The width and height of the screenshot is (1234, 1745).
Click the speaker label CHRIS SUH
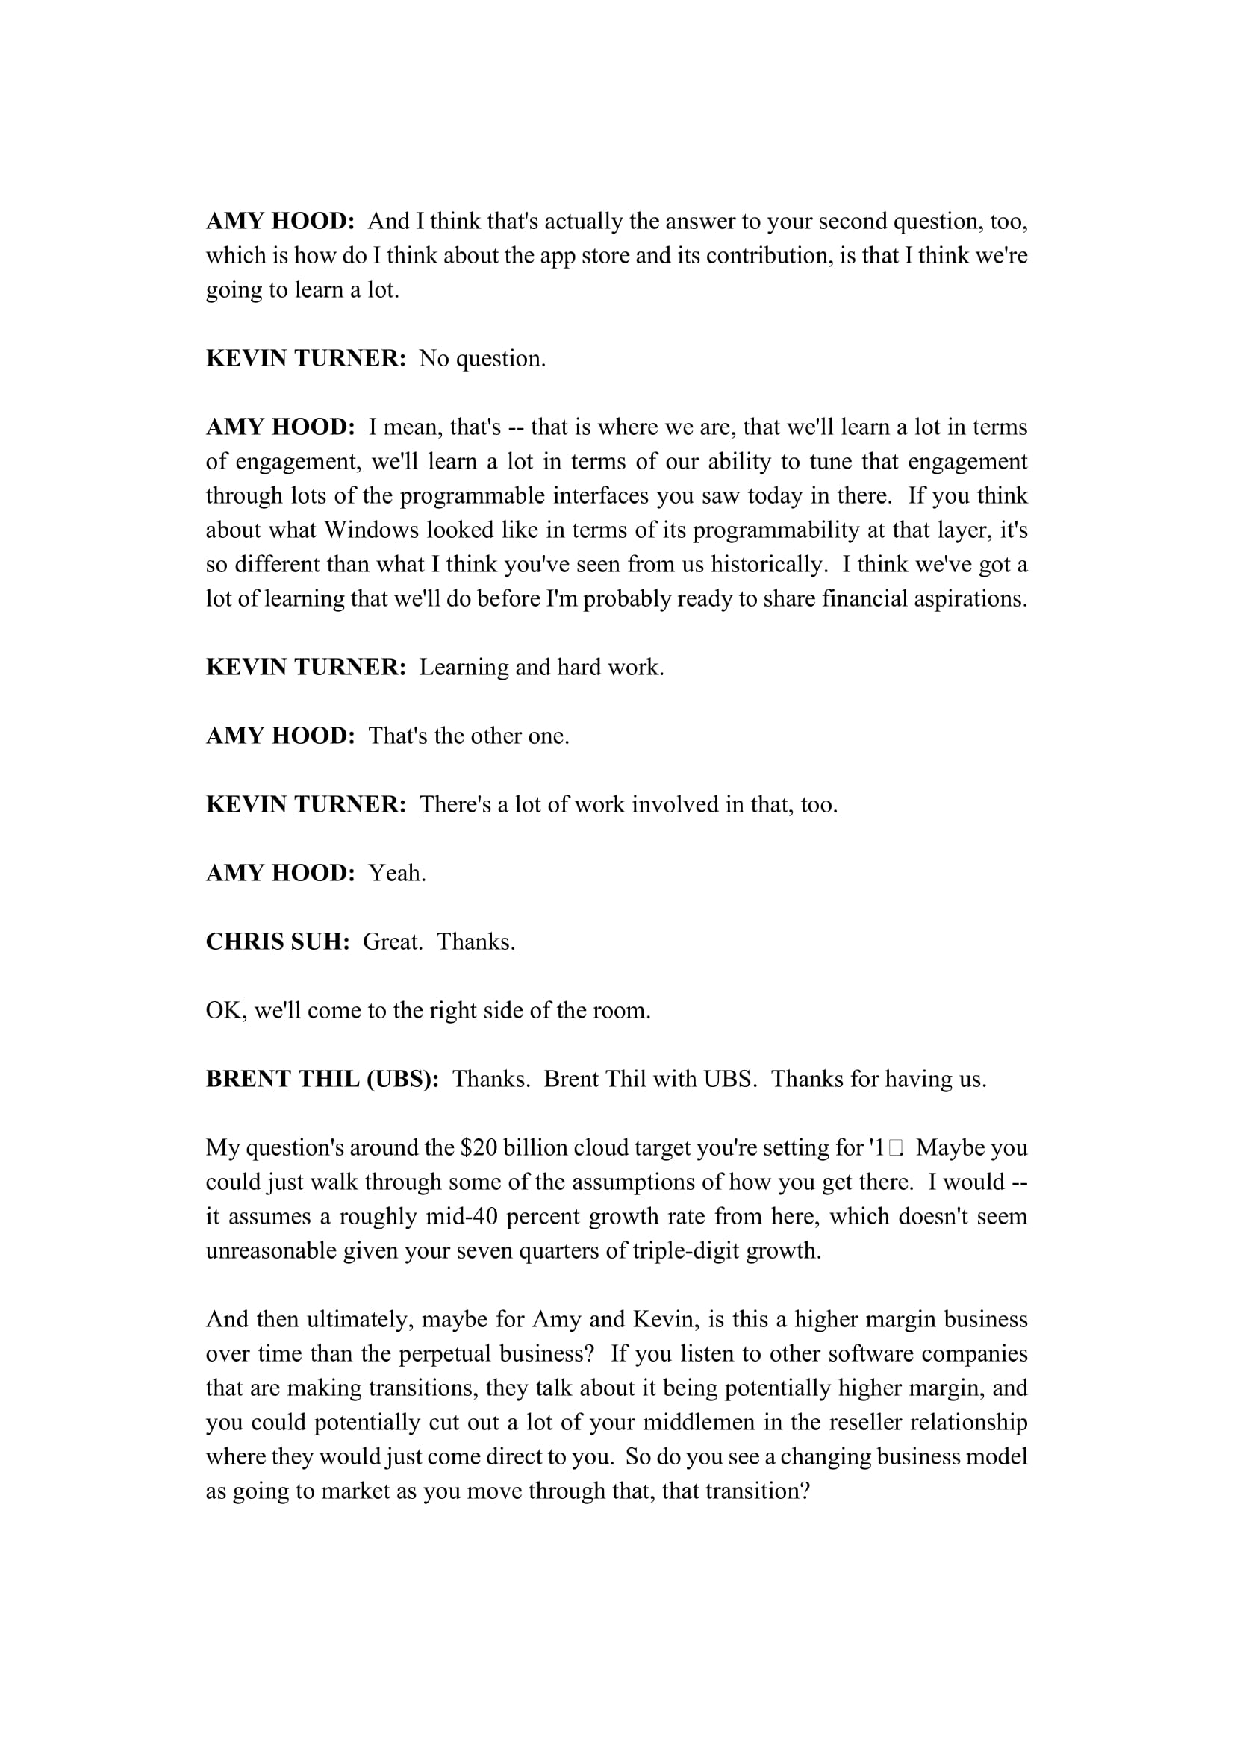point(278,942)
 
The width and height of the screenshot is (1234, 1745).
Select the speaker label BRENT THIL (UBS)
point(322,1080)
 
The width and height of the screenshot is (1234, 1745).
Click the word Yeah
point(397,873)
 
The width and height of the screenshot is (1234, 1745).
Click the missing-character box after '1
point(895,1147)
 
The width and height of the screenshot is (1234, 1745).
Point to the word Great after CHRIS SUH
point(393,942)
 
